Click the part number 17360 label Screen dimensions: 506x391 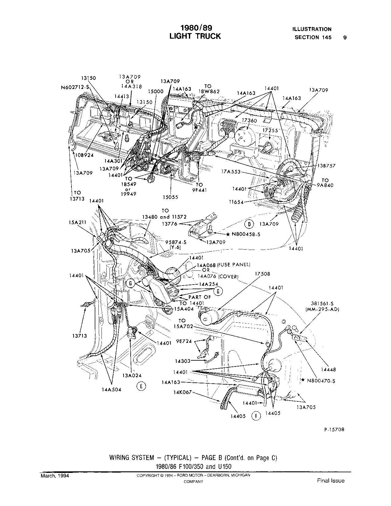[x=249, y=121]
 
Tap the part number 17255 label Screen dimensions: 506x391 [x=270, y=130]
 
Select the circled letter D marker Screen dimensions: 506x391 [x=249, y=224]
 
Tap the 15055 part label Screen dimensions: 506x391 [x=171, y=197]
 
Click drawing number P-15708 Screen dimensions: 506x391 [x=334, y=430]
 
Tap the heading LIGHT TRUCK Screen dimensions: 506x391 [x=195, y=36]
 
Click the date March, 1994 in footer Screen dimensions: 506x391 [x=55, y=476]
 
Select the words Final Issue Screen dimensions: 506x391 [x=331, y=481]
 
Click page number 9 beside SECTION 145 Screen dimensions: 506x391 [x=345, y=37]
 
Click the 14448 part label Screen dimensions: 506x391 [x=328, y=370]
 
